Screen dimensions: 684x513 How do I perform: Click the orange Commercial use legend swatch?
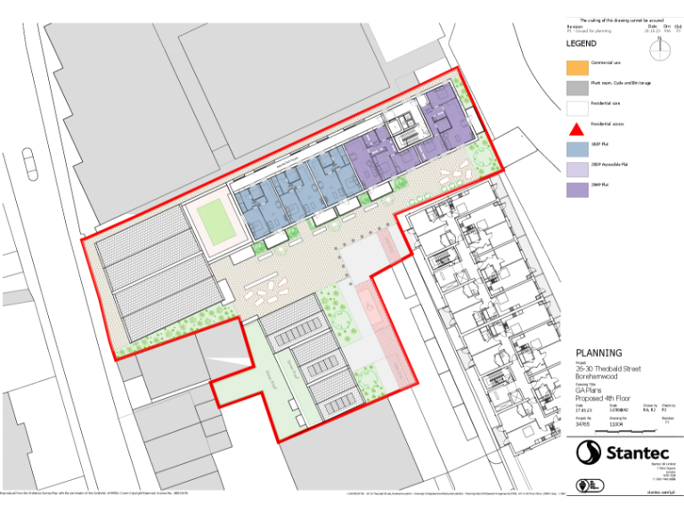click(577, 67)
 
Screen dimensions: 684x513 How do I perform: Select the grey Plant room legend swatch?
click(577, 87)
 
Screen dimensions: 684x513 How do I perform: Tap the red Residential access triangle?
click(577, 128)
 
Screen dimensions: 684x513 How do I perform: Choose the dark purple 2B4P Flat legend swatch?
click(577, 190)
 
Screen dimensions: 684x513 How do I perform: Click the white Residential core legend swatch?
click(577, 108)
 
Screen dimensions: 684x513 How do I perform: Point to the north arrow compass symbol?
click(661, 50)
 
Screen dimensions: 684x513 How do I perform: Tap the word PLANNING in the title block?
click(598, 353)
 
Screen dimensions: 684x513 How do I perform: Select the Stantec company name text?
click(636, 452)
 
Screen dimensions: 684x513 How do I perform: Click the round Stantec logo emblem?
click(588, 452)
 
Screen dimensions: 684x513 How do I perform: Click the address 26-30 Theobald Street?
click(607, 368)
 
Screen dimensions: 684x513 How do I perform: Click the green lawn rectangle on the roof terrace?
click(213, 218)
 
